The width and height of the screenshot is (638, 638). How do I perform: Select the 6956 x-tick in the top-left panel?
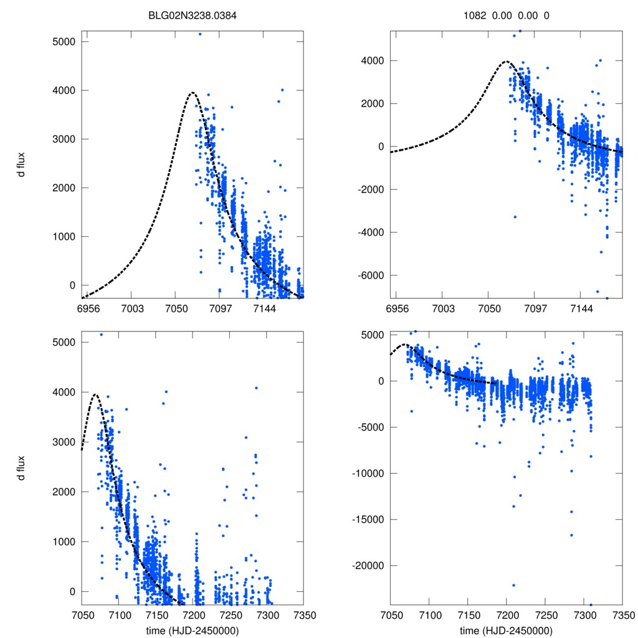pos(87,308)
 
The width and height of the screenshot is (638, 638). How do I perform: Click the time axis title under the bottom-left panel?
pos(192,630)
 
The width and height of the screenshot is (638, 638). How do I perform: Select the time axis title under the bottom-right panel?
pos(506,630)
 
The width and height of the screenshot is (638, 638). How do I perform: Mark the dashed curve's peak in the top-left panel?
pos(192,93)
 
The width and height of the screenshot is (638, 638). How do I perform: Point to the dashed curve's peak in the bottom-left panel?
pos(95,394)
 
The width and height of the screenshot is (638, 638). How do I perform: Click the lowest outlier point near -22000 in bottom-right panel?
pos(514,585)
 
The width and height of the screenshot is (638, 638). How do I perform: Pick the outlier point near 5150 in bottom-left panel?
pos(102,335)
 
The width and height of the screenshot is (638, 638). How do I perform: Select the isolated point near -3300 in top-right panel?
pos(515,217)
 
